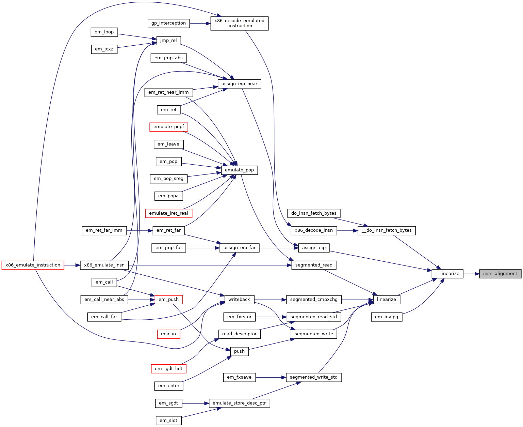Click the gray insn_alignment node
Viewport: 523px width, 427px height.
coord(500,274)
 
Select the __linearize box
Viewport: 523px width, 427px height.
coord(447,274)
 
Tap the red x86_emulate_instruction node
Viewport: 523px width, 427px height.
coord(33,265)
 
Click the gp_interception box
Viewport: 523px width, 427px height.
coord(169,24)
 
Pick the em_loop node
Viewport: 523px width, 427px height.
coord(104,32)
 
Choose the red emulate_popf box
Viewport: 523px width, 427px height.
coord(169,127)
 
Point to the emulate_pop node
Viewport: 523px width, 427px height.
coord(239,170)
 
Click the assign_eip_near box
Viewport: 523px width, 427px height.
coord(239,84)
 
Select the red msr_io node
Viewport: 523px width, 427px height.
coord(169,334)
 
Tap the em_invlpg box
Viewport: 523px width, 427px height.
coord(386,317)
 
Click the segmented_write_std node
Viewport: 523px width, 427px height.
coord(314,377)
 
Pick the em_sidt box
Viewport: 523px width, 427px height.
coord(169,421)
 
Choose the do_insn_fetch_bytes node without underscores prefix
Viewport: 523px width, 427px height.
coord(314,213)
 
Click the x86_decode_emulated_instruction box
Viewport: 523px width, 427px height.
coord(239,24)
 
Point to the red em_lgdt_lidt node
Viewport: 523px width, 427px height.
coord(169,369)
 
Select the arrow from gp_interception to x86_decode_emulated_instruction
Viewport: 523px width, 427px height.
coord(200,24)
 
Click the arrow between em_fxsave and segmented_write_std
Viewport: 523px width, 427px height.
coord(271,378)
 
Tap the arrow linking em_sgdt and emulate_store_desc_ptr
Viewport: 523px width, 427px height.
coord(195,403)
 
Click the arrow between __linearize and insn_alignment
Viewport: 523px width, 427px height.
coord(471,274)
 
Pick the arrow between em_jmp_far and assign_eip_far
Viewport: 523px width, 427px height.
coord(202,248)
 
